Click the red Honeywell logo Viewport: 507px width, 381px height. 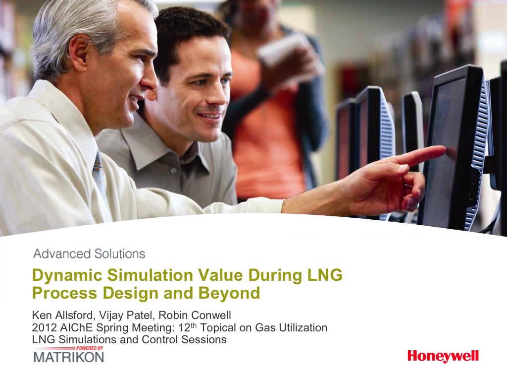point(443,356)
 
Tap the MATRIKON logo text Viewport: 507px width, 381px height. point(68,357)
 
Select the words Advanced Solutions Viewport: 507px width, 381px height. point(89,254)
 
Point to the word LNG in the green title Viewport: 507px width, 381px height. point(324,274)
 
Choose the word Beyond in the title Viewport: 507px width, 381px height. point(229,293)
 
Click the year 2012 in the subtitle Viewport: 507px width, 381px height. point(44,327)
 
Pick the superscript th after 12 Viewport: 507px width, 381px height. point(194,325)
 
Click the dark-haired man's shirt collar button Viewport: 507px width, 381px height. point(174,170)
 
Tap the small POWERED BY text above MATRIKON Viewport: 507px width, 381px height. point(90,348)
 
